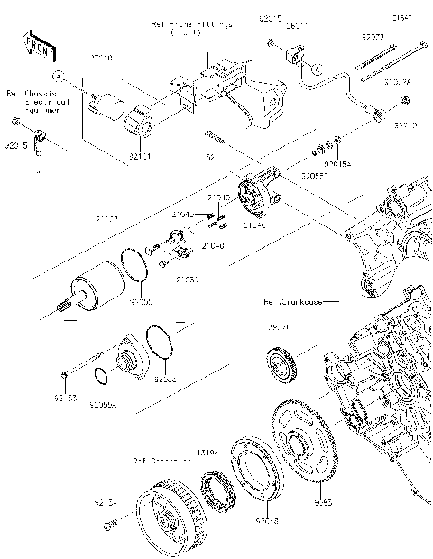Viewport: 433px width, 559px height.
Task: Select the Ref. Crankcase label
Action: point(293,301)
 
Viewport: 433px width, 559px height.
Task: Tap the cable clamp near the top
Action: point(294,56)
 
